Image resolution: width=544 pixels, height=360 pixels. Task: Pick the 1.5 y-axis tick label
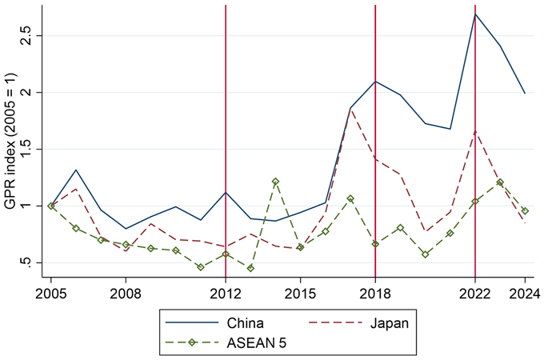[x=26, y=149]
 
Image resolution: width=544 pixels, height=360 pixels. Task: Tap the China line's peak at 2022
[x=475, y=14]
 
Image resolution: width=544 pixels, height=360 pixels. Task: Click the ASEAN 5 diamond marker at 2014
[x=275, y=182]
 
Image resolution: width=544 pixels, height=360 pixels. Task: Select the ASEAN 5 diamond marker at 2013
[x=250, y=268]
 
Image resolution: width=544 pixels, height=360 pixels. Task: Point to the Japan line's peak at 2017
[x=350, y=109]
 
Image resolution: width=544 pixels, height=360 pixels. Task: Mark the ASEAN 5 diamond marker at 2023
[x=500, y=182]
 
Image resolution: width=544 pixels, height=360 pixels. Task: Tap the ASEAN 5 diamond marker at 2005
[x=53, y=206]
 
